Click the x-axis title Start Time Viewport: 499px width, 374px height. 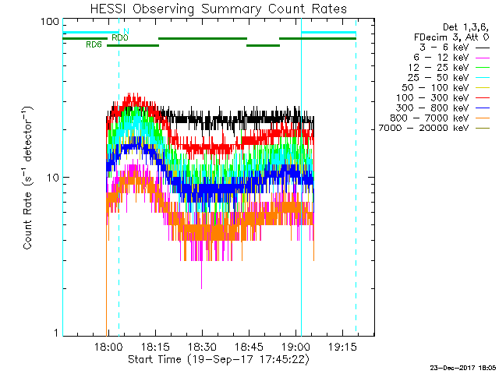click(218, 359)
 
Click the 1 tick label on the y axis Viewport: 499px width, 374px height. click(55, 333)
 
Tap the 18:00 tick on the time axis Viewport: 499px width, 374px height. click(108, 347)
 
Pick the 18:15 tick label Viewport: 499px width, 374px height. click(154, 347)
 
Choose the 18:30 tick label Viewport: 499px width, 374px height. click(202, 347)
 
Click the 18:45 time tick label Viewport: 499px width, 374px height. click(249, 347)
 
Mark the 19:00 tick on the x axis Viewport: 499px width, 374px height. click(296, 347)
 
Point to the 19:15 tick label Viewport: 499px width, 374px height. click(342, 347)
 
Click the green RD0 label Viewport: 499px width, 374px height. click(119, 37)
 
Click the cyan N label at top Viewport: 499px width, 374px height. click(126, 31)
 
